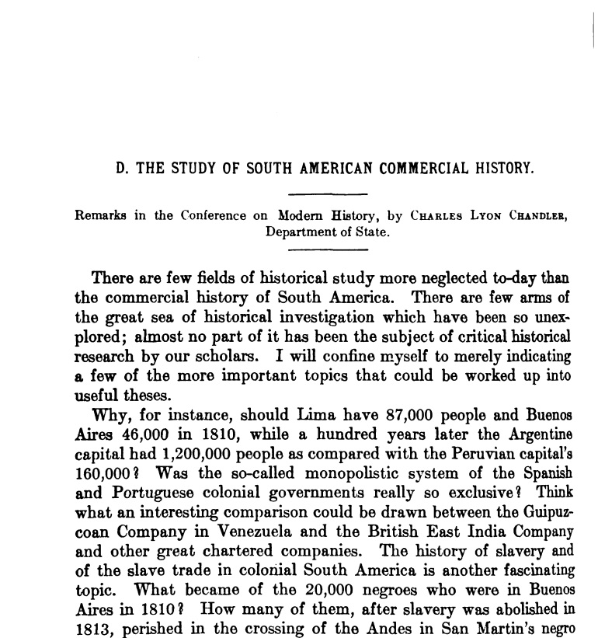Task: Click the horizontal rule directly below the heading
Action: tap(327, 193)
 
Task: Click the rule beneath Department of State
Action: tap(327, 249)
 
